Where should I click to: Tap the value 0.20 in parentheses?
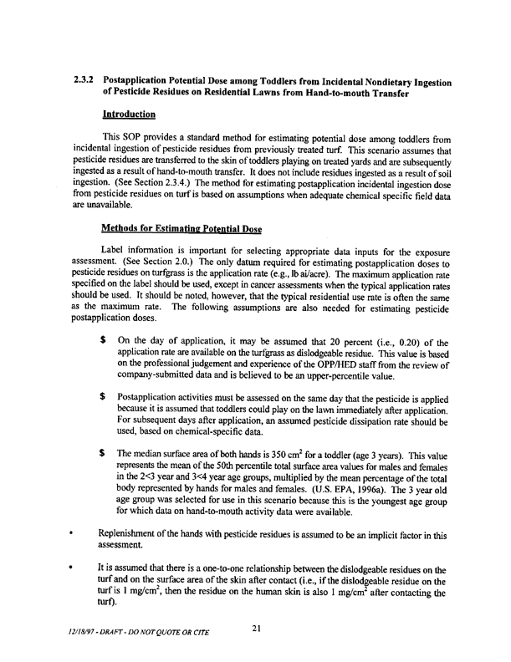click(401, 342)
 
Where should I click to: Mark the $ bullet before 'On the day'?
click(101, 342)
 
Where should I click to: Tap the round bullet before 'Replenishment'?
click(76, 533)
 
